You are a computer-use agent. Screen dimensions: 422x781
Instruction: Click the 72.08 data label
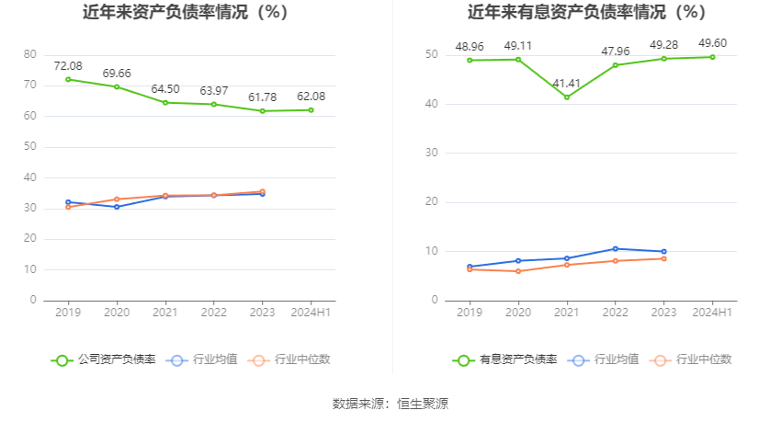click(68, 65)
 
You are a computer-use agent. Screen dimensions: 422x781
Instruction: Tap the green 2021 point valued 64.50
click(165, 102)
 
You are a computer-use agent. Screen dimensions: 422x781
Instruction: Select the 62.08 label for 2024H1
click(311, 97)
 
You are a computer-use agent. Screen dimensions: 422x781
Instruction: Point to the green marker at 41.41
click(567, 97)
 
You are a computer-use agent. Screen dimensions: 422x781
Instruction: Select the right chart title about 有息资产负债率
click(586, 13)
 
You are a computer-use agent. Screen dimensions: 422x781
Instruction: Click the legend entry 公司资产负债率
click(104, 359)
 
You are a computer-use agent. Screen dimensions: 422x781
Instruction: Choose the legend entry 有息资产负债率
click(504, 359)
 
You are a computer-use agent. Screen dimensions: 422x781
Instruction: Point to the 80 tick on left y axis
click(30, 54)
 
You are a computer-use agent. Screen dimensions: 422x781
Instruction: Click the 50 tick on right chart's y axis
click(432, 54)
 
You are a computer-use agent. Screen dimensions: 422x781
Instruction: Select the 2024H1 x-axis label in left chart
click(311, 313)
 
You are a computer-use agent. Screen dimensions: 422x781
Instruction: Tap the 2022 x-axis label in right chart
click(616, 313)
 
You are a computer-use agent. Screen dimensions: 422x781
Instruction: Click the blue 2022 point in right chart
click(616, 248)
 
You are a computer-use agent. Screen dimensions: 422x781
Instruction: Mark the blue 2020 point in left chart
click(117, 207)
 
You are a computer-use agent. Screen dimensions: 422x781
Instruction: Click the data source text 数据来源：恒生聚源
click(390, 404)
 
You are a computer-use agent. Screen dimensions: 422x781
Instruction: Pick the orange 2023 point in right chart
click(663, 258)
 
